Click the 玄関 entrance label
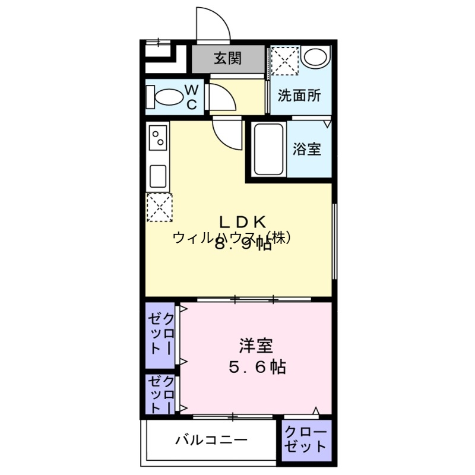[228, 58]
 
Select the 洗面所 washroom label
[300, 94]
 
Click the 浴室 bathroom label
[306, 149]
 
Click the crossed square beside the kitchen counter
[159, 207]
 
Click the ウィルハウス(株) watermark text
[232, 237]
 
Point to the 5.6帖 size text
[257, 368]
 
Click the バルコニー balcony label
[211, 441]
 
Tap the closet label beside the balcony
[305, 439]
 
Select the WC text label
[192, 97]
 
